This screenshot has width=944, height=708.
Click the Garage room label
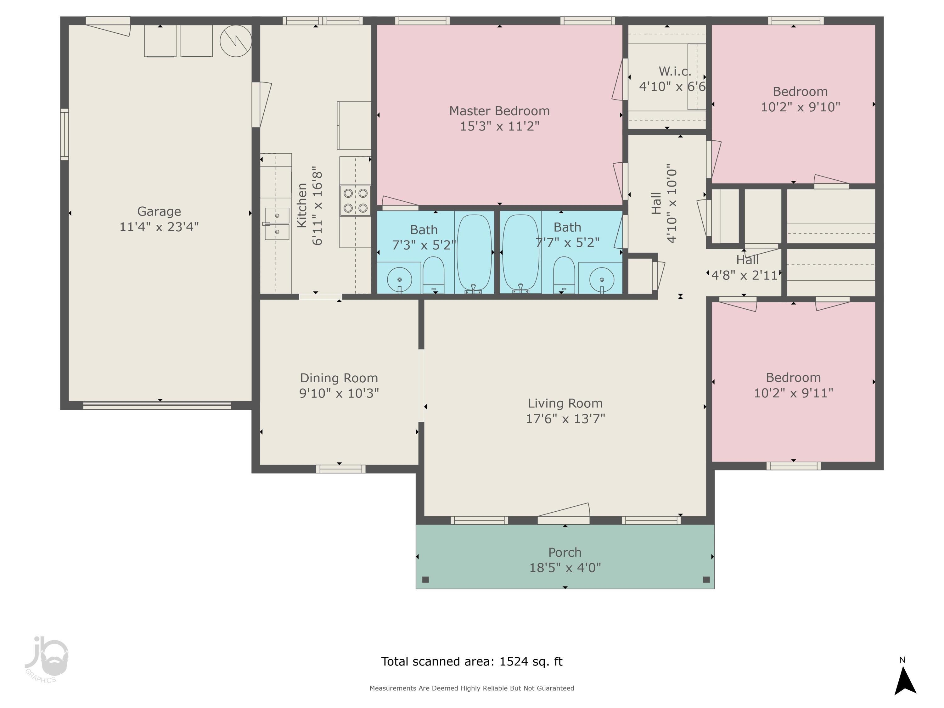tap(159, 211)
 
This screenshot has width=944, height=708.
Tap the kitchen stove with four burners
tap(355, 200)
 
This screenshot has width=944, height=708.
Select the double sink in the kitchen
tap(277, 224)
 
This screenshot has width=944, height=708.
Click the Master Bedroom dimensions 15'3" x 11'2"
tap(499, 126)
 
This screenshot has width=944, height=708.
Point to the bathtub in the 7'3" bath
tap(474, 253)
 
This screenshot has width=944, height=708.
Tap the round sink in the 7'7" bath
tap(601, 279)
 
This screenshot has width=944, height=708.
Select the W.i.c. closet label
tap(674, 71)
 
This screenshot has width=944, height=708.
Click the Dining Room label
tap(339, 378)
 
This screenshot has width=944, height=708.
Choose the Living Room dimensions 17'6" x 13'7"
tap(565, 419)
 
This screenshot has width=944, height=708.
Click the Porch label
tap(565, 552)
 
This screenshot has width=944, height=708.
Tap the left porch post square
tap(425, 580)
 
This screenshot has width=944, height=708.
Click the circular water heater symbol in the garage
tap(236, 41)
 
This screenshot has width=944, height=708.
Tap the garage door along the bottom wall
tap(157, 405)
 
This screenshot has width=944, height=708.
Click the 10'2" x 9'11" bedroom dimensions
tap(793, 393)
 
